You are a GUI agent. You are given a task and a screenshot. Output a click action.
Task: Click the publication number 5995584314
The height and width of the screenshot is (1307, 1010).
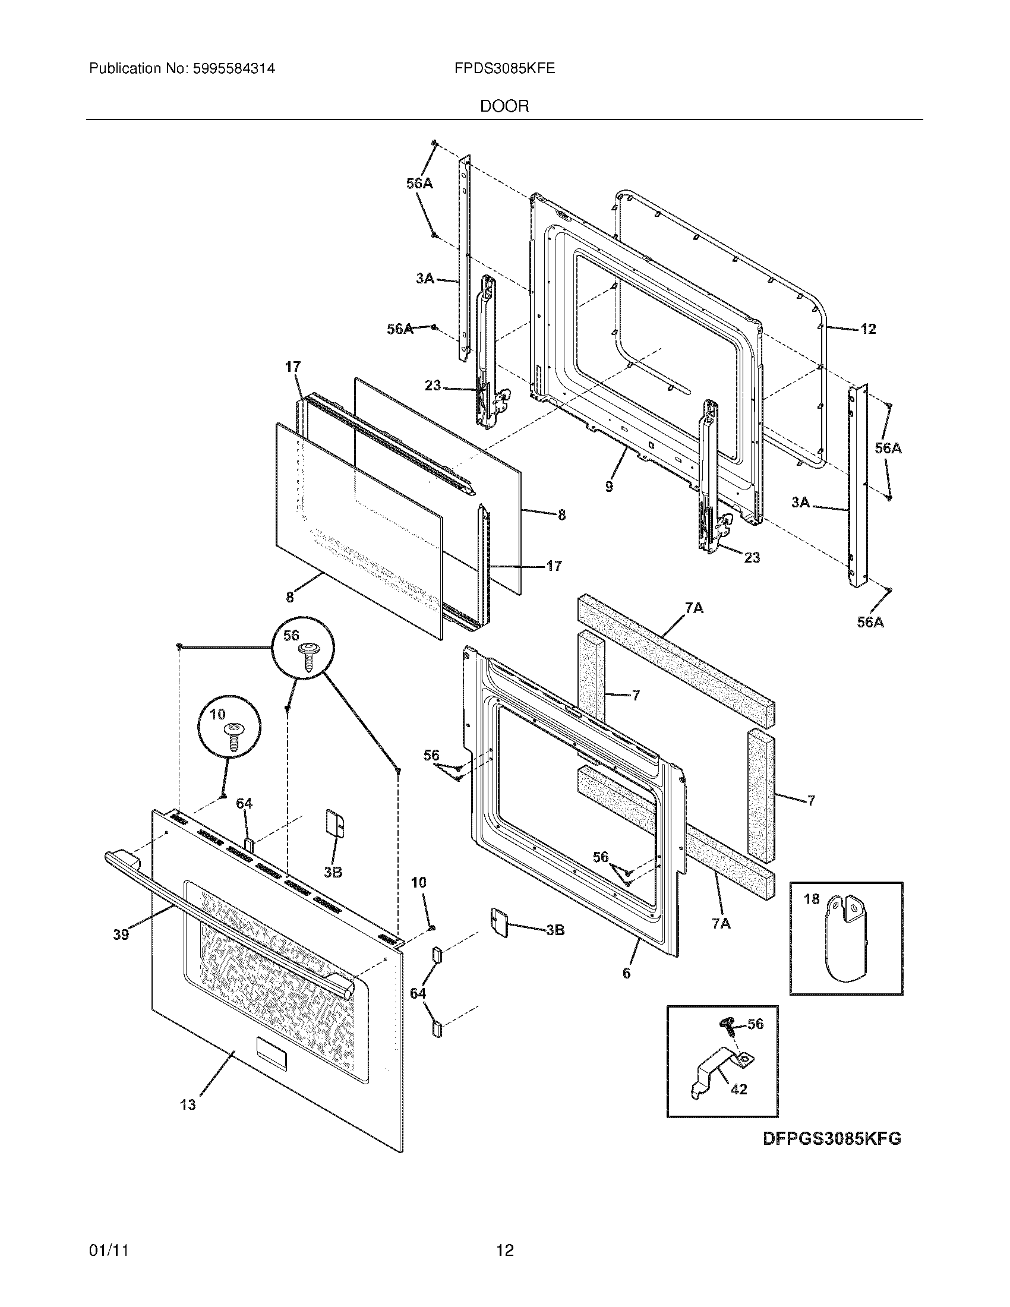[x=233, y=69]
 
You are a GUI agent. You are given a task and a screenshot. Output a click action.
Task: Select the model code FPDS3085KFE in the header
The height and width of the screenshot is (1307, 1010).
[x=504, y=69]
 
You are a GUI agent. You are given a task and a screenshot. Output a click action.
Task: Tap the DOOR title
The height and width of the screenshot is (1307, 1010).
[x=504, y=106]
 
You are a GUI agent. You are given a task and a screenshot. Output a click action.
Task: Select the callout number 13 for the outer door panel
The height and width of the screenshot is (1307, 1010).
[x=188, y=1105]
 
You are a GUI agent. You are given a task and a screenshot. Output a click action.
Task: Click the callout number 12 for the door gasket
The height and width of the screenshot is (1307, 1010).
[x=867, y=329]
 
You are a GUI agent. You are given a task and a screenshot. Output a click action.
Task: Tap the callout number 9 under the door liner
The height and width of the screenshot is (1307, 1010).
[x=609, y=487]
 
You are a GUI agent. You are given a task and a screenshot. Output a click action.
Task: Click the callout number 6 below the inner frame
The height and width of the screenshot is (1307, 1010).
[x=626, y=973]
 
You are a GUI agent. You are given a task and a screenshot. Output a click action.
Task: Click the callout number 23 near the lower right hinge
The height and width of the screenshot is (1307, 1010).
[x=752, y=557]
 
